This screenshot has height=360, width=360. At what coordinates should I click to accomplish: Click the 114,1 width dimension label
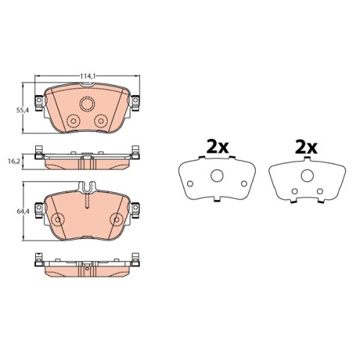coord(88,76)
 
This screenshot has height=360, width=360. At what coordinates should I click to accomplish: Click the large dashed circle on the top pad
coord(87,104)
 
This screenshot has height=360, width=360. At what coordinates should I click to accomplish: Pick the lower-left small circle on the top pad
coord(73,121)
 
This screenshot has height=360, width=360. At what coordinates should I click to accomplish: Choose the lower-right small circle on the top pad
coord(101,121)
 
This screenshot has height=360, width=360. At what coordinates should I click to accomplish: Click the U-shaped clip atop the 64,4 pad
coord(87,187)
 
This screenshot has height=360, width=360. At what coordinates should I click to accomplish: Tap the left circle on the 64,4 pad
coord(58,220)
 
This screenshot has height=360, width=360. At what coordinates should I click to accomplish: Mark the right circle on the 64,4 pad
coord(117,220)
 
